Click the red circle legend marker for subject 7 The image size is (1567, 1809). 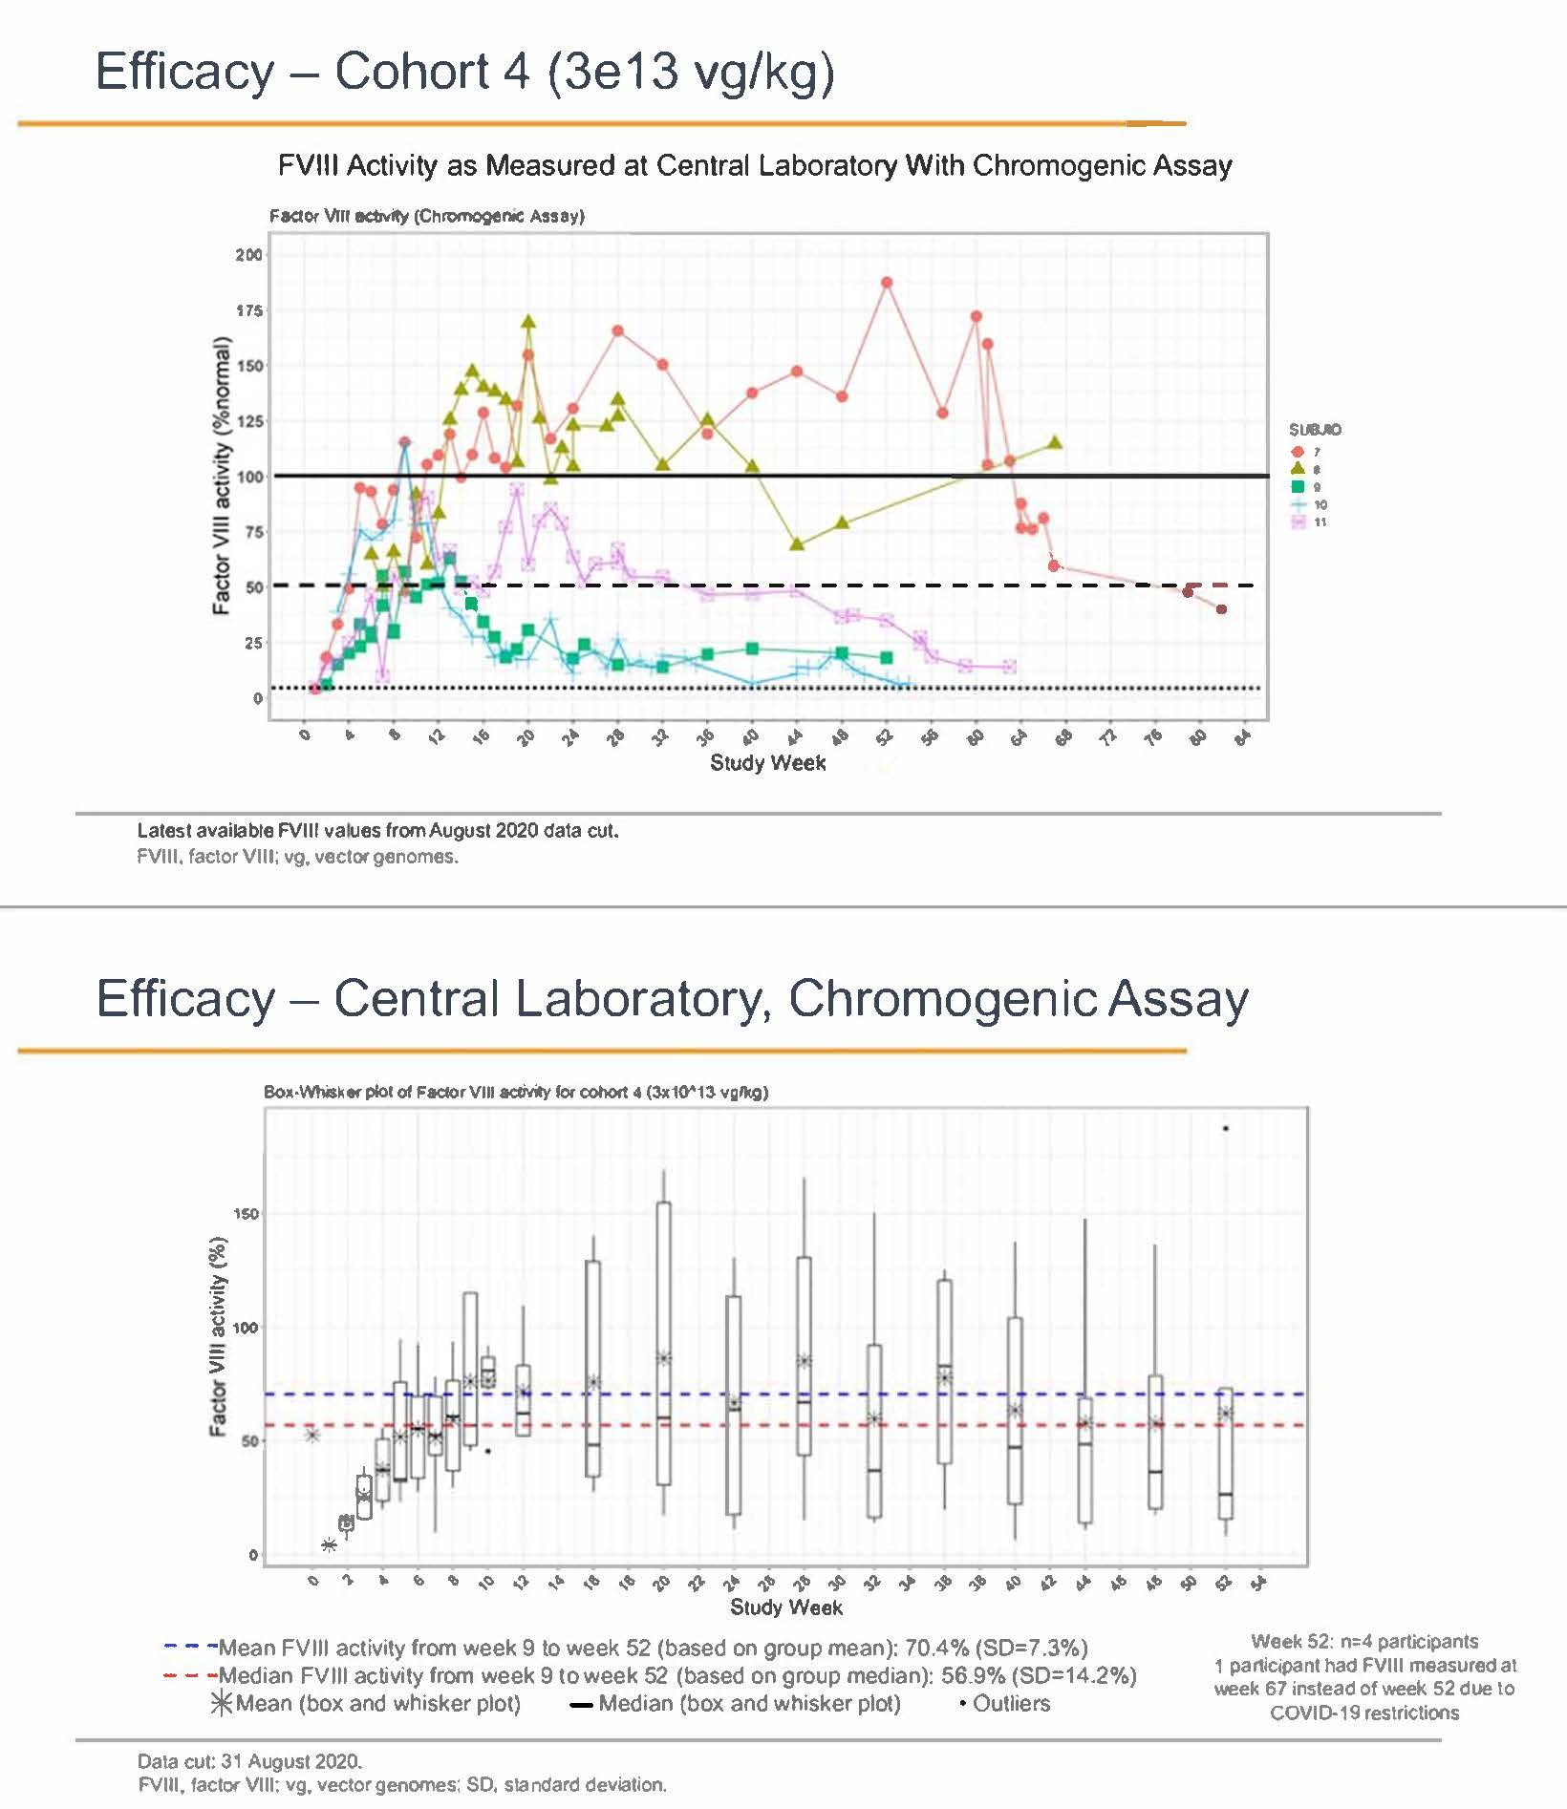click(1297, 452)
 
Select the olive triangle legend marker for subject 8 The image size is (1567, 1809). click(1297, 469)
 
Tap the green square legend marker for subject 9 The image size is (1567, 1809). click(1297, 486)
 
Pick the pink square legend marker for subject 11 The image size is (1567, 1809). click(1297, 522)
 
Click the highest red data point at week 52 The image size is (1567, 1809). click(887, 283)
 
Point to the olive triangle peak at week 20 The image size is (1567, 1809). click(528, 323)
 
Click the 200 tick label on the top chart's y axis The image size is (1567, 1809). click(249, 255)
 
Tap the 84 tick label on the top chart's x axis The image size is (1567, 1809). click(1242, 736)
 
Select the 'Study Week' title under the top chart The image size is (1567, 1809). click(767, 763)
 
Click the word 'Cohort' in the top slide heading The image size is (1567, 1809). click(431, 72)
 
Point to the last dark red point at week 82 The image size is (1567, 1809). click(1221, 609)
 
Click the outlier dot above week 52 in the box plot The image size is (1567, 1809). click(1226, 1129)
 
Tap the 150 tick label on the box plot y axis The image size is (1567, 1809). click(246, 1214)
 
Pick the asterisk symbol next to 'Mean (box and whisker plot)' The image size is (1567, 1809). click(221, 1703)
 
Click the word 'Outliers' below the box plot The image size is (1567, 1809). click(1011, 1703)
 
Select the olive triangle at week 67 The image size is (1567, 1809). click(1055, 442)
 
